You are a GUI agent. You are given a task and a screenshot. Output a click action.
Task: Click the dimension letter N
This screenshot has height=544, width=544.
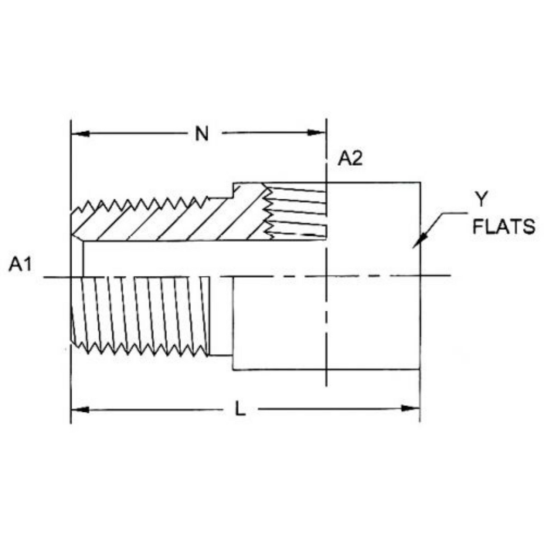201,133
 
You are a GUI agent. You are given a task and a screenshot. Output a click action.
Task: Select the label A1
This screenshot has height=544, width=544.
20,265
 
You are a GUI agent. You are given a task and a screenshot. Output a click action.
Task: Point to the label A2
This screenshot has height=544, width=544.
351,158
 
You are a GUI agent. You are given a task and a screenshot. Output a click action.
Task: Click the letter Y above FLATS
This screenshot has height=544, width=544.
481,199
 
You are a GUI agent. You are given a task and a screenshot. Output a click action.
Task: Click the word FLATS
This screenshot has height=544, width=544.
504,226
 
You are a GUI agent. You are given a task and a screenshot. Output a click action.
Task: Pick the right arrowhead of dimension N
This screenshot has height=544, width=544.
317,132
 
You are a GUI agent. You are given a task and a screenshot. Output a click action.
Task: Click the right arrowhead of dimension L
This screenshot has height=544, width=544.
411,409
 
